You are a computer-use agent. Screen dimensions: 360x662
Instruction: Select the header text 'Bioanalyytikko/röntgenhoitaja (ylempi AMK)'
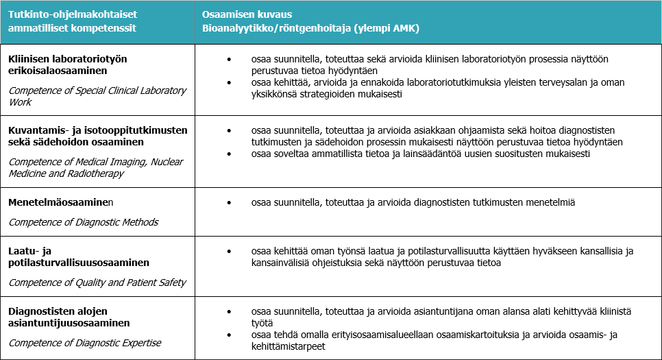pyautogui.click(x=310, y=28)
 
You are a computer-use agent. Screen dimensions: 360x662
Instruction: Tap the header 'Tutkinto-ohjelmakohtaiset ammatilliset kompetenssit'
pyautogui.click(x=72, y=21)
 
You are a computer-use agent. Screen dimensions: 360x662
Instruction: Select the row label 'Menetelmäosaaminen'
pyautogui.click(x=60, y=203)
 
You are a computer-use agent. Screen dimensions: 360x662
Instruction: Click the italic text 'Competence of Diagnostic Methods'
pyautogui.click(x=83, y=221)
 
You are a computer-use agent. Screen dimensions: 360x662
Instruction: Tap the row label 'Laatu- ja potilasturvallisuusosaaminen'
pyautogui.click(x=79, y=257)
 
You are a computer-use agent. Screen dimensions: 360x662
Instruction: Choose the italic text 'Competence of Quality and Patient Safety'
pyautogui.click(x=97, y=282)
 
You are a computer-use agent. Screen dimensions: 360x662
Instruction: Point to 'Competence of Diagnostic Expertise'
pyautogui.click(x=85, y=342)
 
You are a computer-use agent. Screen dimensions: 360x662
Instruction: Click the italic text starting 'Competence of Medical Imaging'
pyautogui.click(x=86, y=167)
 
